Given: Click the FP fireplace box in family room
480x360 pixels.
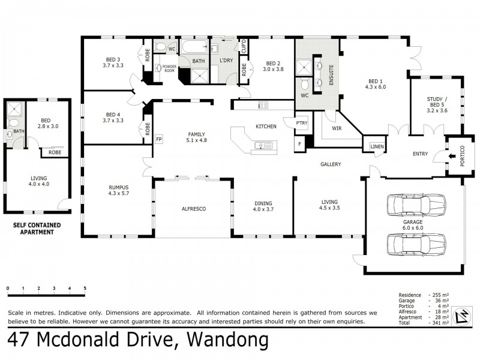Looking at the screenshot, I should (159, 139).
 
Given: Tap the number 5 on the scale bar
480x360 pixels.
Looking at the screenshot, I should (85, 289).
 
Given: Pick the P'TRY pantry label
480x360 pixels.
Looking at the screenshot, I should (301, 124).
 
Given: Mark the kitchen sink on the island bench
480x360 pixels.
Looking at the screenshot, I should (261, 145).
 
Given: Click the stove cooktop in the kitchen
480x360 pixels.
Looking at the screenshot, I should (262, 105).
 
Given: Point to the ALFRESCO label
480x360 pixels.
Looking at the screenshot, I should (194, 208).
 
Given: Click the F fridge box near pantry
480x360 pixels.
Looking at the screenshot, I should (299, 144).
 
